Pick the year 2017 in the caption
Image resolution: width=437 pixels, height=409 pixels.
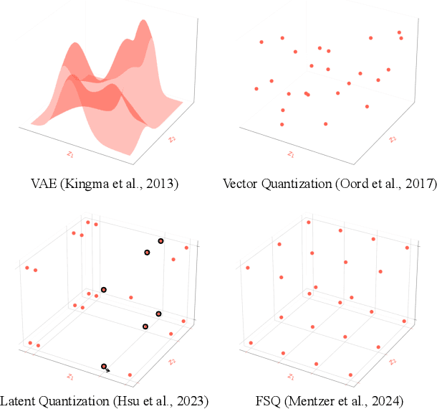coord(419,184)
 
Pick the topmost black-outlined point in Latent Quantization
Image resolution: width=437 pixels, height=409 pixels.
coord(161,241)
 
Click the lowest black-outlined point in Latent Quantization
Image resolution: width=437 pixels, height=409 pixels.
coord(105,367)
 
